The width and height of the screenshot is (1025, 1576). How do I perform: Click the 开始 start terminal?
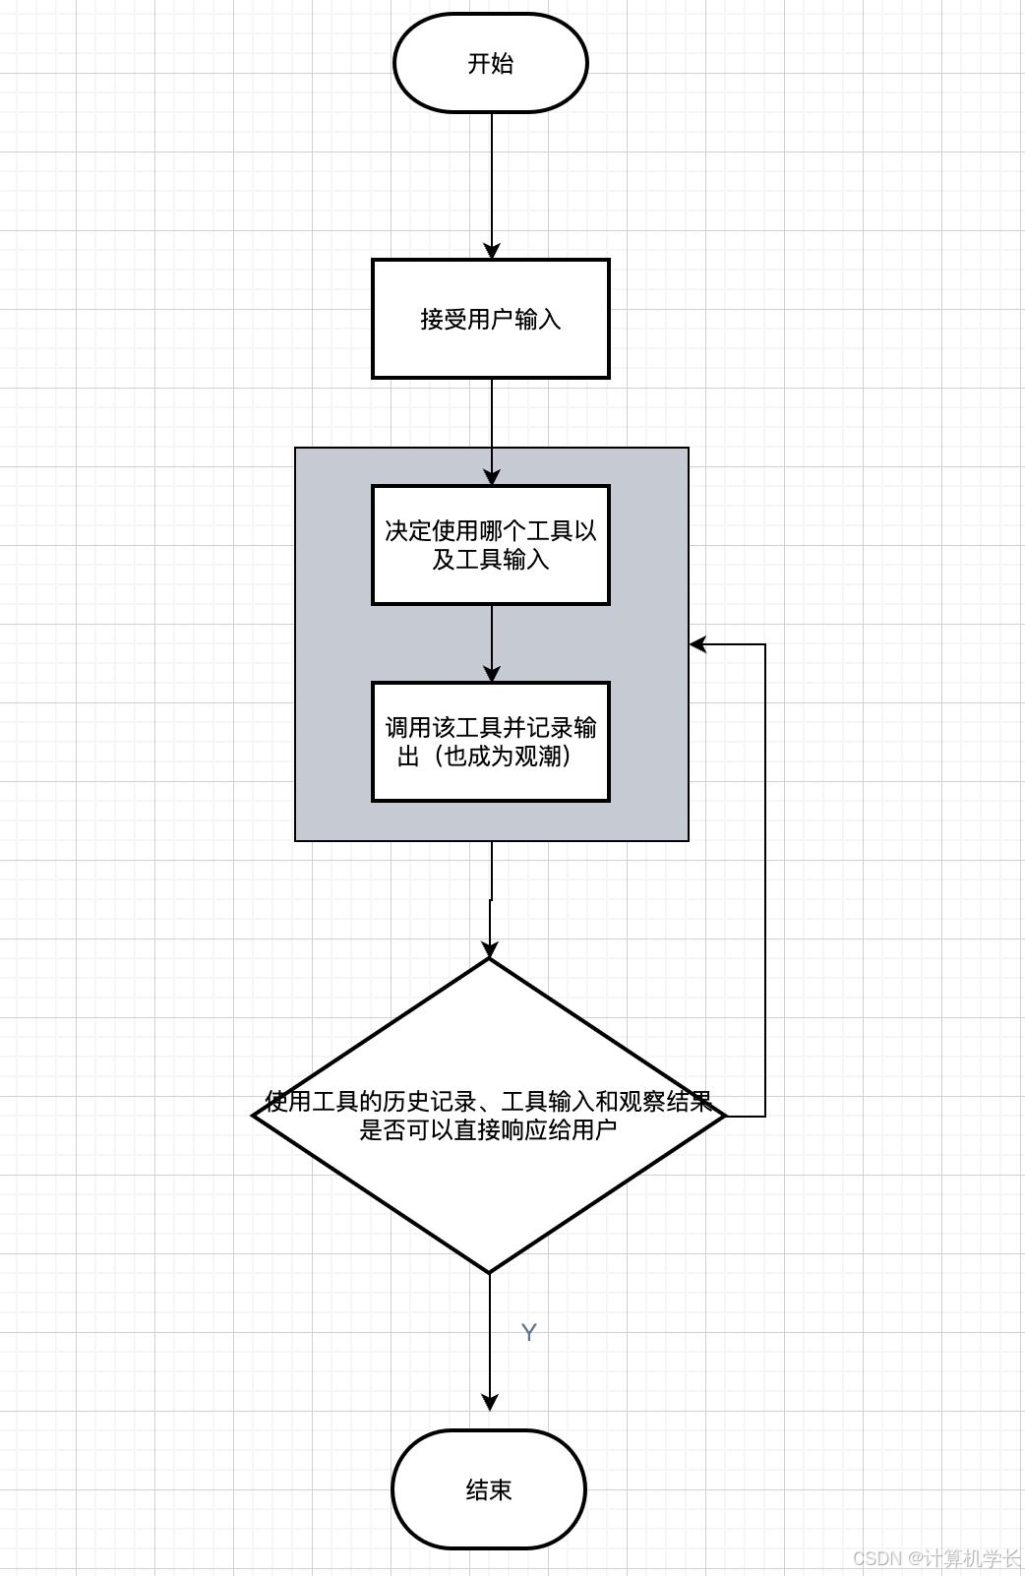tap(490, 63)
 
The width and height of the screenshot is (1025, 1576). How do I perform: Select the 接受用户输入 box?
tap(490, 319)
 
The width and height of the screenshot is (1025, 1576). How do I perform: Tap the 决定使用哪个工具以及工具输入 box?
tap(490, 545)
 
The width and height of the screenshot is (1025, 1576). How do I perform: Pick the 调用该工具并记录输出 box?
tap(490, 742)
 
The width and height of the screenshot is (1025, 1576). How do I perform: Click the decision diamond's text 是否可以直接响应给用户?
tap(488, 1129)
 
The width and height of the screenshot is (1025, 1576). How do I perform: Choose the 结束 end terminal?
tap(489, 1489)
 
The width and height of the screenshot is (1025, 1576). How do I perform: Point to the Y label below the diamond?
tap(528, 1332)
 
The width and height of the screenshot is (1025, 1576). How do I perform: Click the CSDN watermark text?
tap(935, 1558)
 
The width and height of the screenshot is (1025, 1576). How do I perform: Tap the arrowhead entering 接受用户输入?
tap(492, 251)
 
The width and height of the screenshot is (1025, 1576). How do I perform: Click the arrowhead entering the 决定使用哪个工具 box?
tap(492, 477)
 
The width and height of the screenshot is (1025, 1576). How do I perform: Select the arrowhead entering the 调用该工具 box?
tap(492, 674)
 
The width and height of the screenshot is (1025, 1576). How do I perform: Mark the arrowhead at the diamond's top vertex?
tap(490, 950)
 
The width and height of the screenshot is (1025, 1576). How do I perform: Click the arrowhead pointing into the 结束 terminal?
tap(490, 1402)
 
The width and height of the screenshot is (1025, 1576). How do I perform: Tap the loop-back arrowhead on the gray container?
tap(698, 644)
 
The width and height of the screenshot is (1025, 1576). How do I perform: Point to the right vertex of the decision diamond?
tap(724, 1116)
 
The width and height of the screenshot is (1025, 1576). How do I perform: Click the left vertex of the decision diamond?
tap(255, 1116)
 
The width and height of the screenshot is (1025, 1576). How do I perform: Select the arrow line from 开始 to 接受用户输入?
tap(492, 177)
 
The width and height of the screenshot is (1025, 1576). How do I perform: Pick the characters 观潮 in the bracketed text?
tap(539, 757)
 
